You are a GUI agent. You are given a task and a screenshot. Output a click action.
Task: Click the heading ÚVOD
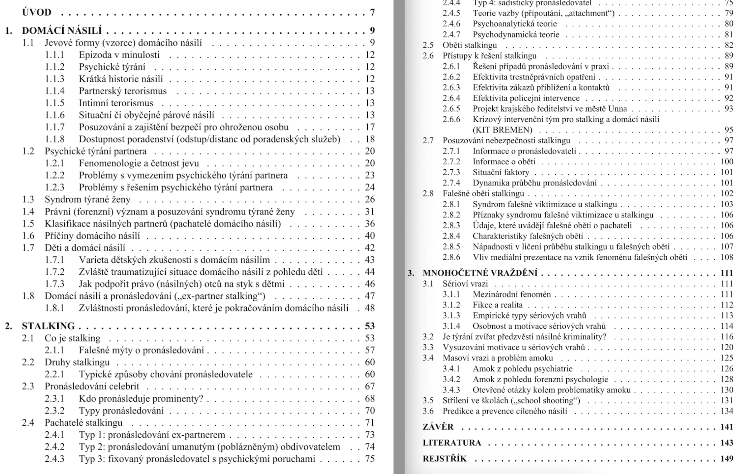(x=36, y=12)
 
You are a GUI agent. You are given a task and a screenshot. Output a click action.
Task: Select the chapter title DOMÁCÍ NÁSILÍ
(x=62, y=31)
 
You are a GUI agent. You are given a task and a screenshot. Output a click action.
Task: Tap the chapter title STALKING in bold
(x=48, y=326)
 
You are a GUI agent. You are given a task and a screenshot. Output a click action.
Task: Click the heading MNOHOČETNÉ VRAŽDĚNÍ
(x=480, y=273)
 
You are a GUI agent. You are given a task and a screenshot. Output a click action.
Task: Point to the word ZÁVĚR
(x=438, y=427)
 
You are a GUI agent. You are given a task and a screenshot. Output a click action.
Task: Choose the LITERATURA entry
(x=452, y=443)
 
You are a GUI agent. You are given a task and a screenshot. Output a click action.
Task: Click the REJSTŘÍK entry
(x=445, y=459)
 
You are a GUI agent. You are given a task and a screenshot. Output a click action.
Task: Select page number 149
(x=727, y=459)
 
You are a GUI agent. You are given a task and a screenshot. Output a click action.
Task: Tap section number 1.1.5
(x=55, y=103)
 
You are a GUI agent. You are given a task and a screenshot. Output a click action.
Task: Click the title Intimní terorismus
(x=116, y=103)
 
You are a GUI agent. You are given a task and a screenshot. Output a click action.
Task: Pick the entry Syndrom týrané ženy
(x=87, y=199)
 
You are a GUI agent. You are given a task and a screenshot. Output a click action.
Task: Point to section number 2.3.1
(x=55, y=399)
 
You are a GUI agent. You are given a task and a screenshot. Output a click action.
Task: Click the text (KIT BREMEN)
(x=502, y=130)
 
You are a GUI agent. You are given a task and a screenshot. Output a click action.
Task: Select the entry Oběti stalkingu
(x=470, y=45)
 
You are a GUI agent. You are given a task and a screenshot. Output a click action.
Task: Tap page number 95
(x=729, y=130)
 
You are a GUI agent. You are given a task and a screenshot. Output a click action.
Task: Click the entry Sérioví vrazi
(x=465, y=284)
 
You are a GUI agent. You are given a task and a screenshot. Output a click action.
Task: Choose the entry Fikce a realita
(x=497, y=305)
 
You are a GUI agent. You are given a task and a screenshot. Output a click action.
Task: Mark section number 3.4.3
(x=451, y=390)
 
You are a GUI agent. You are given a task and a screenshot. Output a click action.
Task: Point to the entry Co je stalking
(x=72, y=338)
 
